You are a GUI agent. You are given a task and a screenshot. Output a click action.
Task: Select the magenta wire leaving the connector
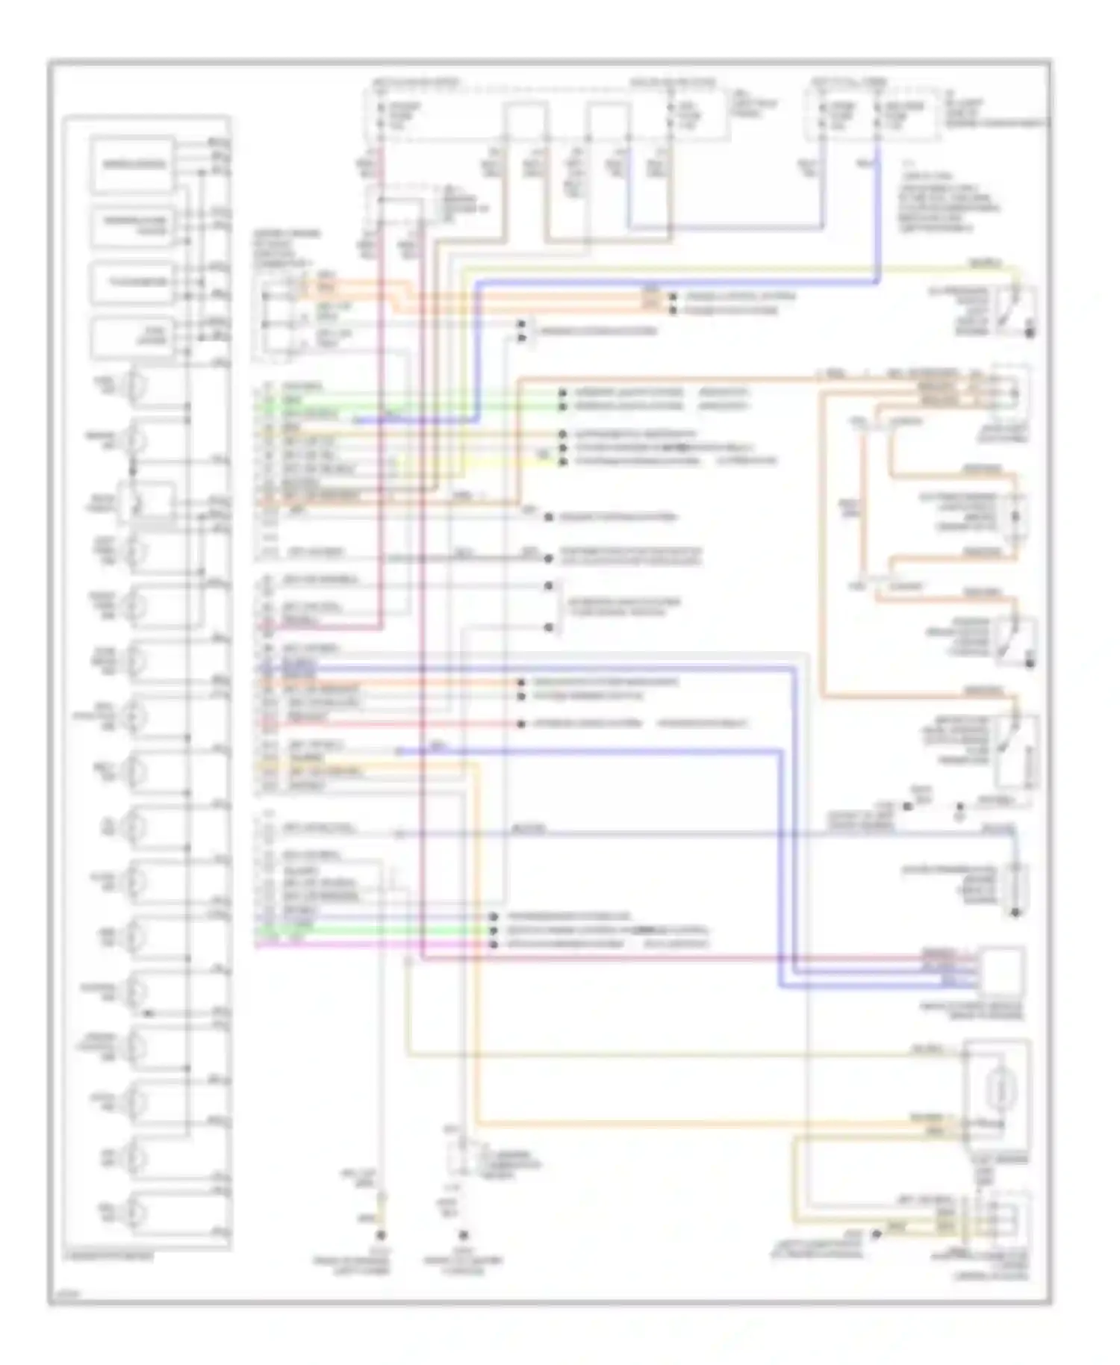[373, 945]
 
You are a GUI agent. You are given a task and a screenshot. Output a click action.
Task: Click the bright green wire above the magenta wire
[373, 931]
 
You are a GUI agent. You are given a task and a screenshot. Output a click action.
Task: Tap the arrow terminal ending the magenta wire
[493, 945]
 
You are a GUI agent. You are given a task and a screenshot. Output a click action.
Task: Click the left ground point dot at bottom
[382, 1236]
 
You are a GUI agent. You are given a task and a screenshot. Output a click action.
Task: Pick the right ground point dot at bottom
[463, 1236]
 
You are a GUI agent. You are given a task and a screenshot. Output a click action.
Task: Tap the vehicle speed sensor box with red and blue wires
[1001, 971]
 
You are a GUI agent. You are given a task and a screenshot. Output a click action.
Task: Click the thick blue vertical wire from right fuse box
[878, 217]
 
